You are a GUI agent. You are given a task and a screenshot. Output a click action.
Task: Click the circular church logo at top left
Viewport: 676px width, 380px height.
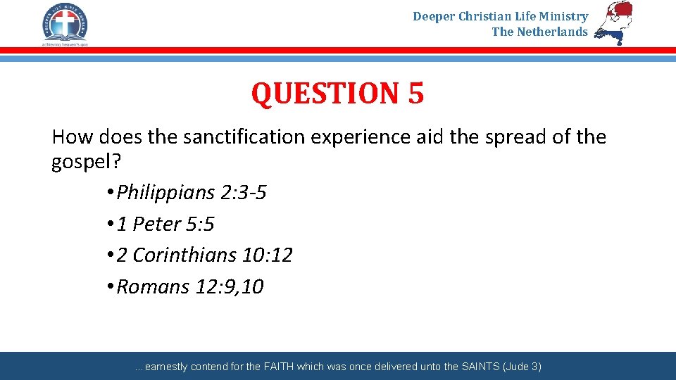(x=65, y=21)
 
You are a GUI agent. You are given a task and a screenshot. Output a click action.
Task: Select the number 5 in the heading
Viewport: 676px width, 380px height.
(x=415, y=94)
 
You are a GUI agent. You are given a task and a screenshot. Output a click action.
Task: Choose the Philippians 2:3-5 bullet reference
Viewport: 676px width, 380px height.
(x=191, y=193)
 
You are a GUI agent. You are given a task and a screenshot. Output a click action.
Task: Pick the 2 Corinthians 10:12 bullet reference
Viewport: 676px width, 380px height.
(x=204, y=255)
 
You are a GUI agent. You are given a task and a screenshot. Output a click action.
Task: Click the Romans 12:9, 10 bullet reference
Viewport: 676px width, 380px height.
(x=189, y=287)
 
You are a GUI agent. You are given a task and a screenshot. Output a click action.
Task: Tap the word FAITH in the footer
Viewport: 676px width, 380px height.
(x=280, y=367)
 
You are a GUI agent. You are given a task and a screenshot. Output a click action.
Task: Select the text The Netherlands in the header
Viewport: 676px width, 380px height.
(x=539, y=32)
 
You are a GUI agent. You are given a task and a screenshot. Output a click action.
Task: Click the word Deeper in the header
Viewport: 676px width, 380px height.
(x=434, y=16)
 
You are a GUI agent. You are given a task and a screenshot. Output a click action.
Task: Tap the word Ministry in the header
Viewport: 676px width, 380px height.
(x=565, y=16)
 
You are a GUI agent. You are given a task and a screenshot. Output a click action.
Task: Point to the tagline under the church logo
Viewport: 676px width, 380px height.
(x=65, y=44)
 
